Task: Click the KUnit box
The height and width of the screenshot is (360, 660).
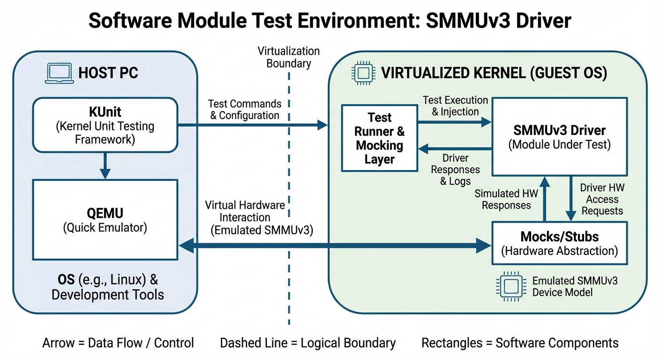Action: (x=105, y=125)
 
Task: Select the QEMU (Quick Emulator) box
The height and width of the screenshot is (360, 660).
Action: (x=105, y=220)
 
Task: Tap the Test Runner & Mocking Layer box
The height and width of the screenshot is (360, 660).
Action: (x=379, y=138)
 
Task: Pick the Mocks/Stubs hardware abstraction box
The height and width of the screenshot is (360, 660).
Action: (x=559, y=243)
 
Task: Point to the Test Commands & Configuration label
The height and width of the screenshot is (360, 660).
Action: (x=245, y=109)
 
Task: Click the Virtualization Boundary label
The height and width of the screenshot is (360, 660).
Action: (x=288, y=57)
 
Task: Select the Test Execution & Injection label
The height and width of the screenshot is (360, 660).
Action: (x=455, y=106)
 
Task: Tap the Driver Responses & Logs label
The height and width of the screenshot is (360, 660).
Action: (x=455, y=169)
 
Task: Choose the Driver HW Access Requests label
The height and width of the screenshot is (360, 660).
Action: (x=602, y=199)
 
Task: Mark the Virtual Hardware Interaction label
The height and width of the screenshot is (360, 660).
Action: (x=245, y=217)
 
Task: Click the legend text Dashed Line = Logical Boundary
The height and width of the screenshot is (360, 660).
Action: (x=307, y=343)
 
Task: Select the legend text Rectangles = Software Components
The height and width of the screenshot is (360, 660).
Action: (x=520, y=343)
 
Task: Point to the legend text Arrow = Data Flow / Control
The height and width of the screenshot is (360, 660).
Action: (x=118, y=343)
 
